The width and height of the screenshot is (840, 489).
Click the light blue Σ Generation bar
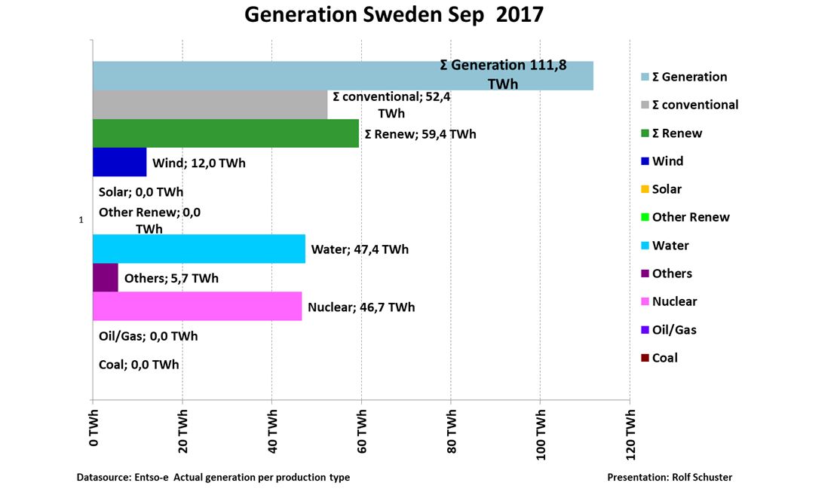click(264, 75)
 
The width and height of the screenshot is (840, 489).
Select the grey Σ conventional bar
click(210, 105)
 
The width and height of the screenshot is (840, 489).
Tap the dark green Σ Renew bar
click(225, 133)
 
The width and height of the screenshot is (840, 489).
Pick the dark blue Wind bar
click(119, 162)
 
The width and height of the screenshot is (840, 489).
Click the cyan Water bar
click(199, 249)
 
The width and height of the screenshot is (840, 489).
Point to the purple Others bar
click(106, 277)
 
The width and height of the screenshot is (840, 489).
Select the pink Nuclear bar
click(197, 307)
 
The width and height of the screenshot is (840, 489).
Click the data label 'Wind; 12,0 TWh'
click(199, 163)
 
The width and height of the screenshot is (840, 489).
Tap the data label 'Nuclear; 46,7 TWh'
click(361, 307)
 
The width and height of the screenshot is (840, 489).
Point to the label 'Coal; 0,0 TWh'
click(139, 365)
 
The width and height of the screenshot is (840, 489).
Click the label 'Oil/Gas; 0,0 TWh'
click(148, 336)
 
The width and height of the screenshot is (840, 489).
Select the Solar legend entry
click(666, 189)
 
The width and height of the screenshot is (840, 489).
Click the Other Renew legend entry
click(690, 218)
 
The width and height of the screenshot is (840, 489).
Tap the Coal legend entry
click(664, 358)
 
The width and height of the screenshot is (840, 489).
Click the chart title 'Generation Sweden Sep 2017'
click(394, 15)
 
